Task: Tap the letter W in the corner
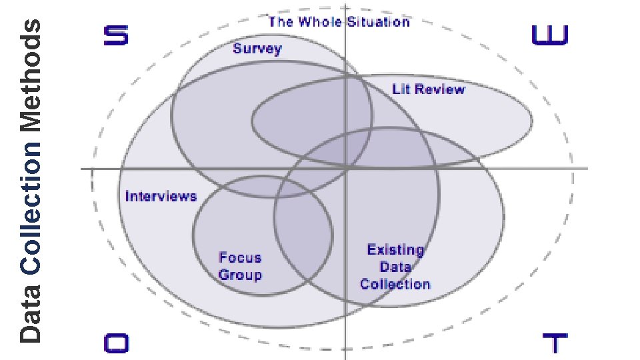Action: (550, 35)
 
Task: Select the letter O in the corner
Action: (115, 343)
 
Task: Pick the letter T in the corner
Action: (555, 344)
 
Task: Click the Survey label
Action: (257, 49)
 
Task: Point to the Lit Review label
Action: (429, 89)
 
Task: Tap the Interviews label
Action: (161, 196)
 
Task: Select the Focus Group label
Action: (240, 266)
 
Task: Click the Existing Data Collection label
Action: (395, 267)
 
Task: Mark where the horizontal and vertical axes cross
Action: (345, 168)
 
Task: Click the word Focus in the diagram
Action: (240, 258)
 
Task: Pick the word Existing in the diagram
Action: (395, 250)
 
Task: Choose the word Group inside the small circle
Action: (240, 275)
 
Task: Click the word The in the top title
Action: (281, 22)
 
